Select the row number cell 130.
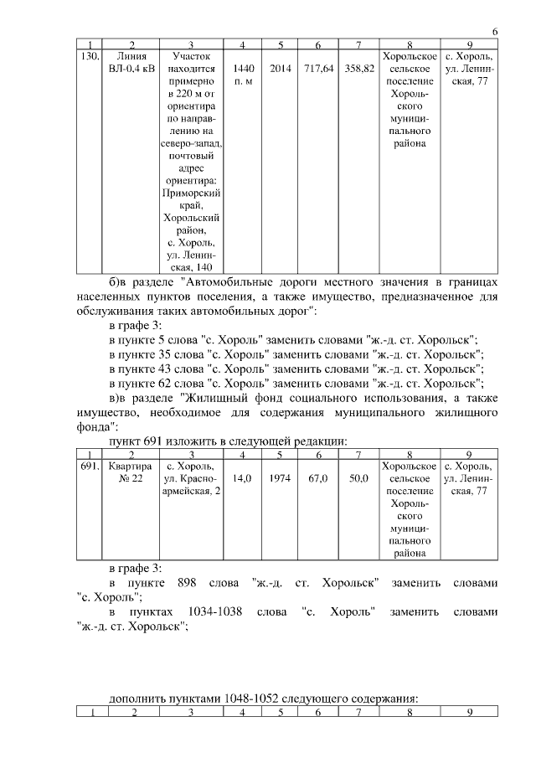coord(89,57)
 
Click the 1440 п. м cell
coord(243,74)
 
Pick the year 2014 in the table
coord(281,68)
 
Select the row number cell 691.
coord(89,466)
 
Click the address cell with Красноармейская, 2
coord(191,478)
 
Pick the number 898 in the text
coord(188,582)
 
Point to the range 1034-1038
coord(216,612)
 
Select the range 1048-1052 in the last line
coord(258,698)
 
